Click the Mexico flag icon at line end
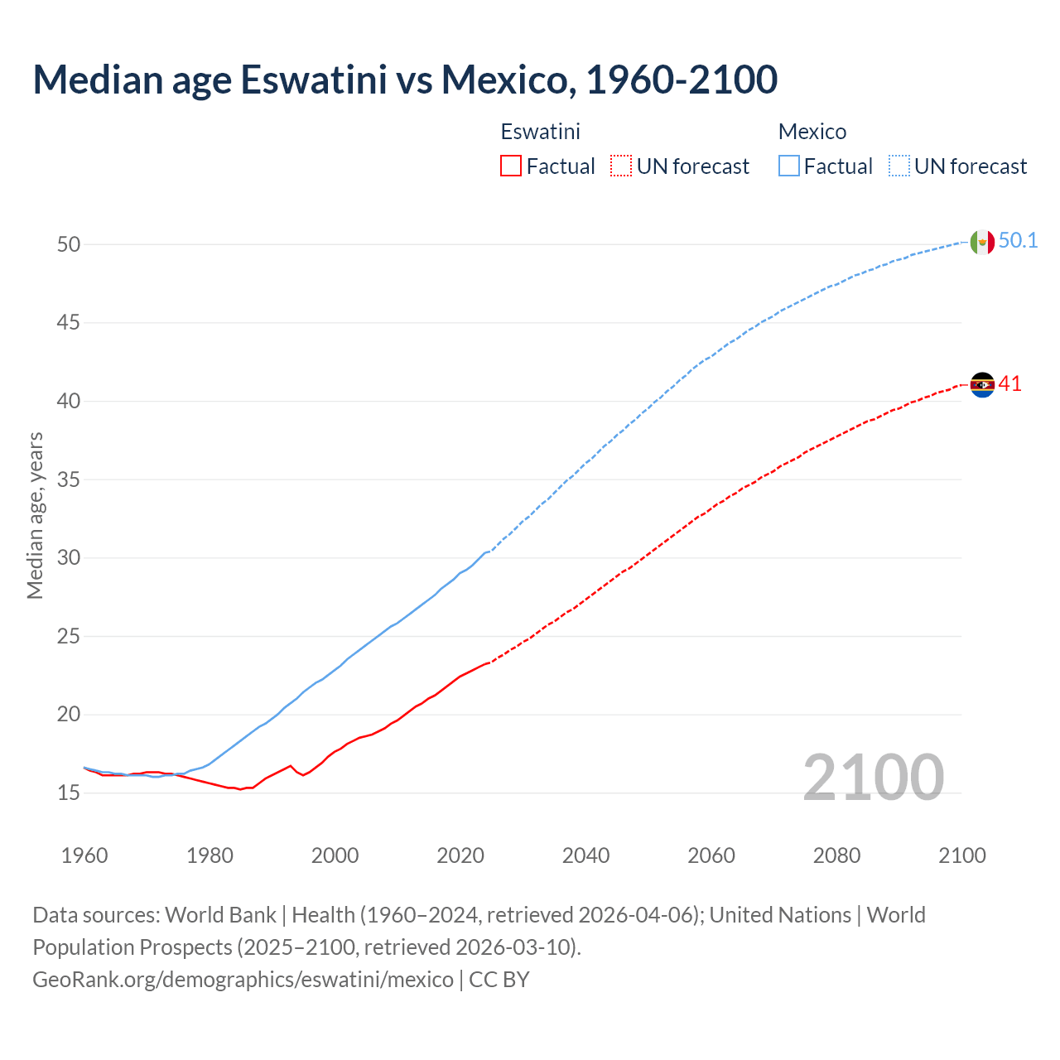click(x=982, y=242)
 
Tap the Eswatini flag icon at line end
click(x=982, y=385)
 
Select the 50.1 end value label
click(x=1018, y=241)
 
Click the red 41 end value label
click(x=1009, y=384)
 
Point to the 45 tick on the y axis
click(x=69, y=322)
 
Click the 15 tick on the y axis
click(x=69, y=793)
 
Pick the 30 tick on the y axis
click(x=69, y=557)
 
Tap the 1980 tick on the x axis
click(x=210, y=855)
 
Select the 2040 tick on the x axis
click(x=585, y=855)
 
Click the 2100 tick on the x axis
click(x=961, y=855)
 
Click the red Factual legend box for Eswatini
click(x=511, y=166)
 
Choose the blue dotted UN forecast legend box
click(x=899, y=166)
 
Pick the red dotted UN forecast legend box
click(x=621, y=166)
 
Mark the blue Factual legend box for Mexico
click(x=789, y=166)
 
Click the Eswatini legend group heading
click(x=540, y=132)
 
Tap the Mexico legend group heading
click(x=812, y=132)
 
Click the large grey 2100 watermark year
click(x=873, y=777)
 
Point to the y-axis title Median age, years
click(x=35, y=515)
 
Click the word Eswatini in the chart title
click(x=314, y=79)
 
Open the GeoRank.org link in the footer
click(x=243, y=980)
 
